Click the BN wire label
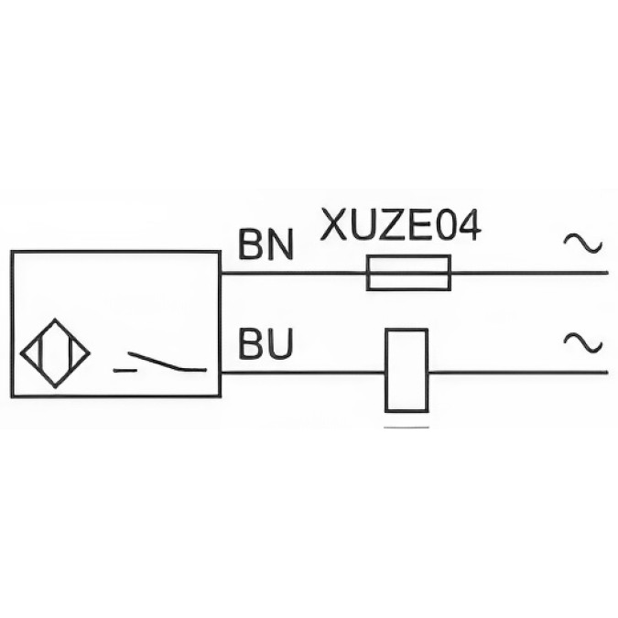tap(266, 244)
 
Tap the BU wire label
tap(266, 343)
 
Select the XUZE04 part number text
tap(401, 225)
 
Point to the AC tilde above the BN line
tap(583, 243)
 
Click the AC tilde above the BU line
tap(583, 342)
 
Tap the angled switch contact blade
tap(155, 362)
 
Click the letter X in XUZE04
tap(334, 225)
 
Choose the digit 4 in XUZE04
tap(468, 225)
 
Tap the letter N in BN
tap(281, 244)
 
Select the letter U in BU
tap(281, 343)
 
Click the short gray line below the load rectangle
tap(407, 427)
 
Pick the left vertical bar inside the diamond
tap(40, 353)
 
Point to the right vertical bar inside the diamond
tap(70, 353)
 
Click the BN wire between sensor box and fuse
tap(294, 273)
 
